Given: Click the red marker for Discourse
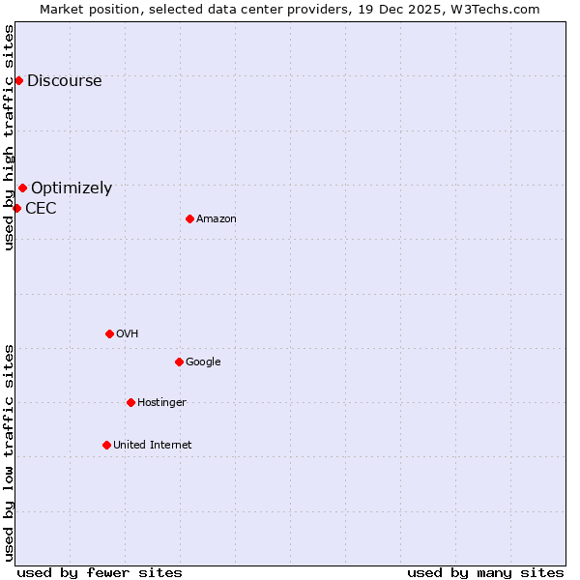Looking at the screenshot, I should (18, 80).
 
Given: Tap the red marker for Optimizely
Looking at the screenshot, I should (22, 188).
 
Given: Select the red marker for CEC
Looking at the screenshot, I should (16, 208).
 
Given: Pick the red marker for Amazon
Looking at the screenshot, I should (189, 218).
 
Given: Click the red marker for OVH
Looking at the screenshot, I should (109, 333).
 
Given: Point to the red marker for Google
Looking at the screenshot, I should (179, 362).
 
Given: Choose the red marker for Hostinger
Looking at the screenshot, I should (130, 402).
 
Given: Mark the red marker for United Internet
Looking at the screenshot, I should (106, 445).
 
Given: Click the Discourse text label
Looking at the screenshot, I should (64, 81).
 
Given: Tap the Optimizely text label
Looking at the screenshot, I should (72, 188).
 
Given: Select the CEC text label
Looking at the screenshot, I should (41, 209).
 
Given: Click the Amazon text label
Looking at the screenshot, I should (217, 219).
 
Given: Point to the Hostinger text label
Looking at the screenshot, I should (161, 403).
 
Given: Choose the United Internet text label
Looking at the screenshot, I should (152, 446).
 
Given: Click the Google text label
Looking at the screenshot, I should (203, 362).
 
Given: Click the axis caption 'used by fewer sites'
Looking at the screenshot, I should (100, 572).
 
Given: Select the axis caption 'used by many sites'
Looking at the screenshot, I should (485, 572).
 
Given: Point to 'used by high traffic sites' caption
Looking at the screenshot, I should (9, 137).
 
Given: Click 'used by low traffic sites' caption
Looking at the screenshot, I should (9, 452).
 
